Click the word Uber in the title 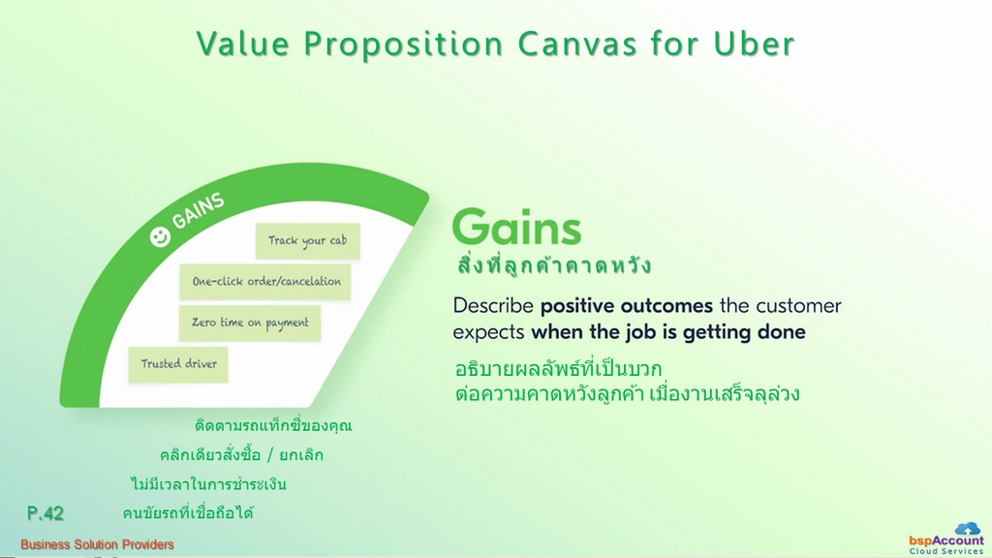(754, 45)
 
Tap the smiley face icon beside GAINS (160, 237)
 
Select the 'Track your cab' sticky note (307, 240)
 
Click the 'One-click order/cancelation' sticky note (265, 282)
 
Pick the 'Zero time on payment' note (250, 323)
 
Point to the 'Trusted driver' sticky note (178, 364)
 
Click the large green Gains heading (517, 227)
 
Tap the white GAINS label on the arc (199, 210)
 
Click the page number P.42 (45, 513)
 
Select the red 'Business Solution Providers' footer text (97, 544)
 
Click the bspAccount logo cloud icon (968, 529)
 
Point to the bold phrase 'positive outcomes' (627, 305)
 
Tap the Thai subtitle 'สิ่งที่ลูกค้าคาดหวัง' (553, 265)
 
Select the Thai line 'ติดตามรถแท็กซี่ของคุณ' (273, 425)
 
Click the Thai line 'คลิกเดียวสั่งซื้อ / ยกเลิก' (241, 455)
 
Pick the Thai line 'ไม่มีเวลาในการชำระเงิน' (209, 484)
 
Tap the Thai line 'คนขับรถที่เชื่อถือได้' (188, 512)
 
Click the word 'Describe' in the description (493, 305)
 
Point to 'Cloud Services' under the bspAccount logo (946, 551)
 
